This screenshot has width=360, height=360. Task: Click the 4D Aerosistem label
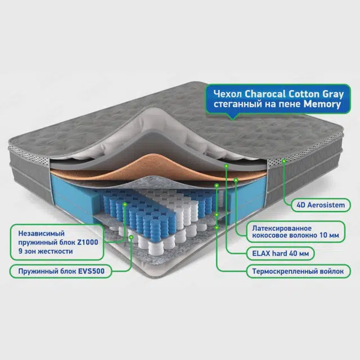click(x=321, y=205)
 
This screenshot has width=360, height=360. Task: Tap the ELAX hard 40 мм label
click(x=280, y=254)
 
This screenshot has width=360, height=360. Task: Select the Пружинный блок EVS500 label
click(x=61, y=271)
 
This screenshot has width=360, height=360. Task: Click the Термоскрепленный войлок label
click(x=298, y=271)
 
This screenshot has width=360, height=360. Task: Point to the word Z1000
click(x=88, y=242)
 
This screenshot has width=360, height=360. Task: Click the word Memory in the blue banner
click(x=322, y=104)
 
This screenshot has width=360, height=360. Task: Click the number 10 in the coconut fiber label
click(x=323, y=235)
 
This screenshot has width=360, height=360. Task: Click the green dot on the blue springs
click(x=125, y=204)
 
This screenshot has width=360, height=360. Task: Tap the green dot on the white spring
click(x=131, y=237)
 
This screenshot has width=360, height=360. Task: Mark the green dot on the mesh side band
click(x=284, y=161)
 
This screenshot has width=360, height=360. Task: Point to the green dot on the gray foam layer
click(x=226, y=166)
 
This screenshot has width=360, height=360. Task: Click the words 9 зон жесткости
click(x=46, y=251)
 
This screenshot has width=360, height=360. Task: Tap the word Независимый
click(x=41, y=233)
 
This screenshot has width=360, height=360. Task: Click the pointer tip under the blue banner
click(x=232, y=119)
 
